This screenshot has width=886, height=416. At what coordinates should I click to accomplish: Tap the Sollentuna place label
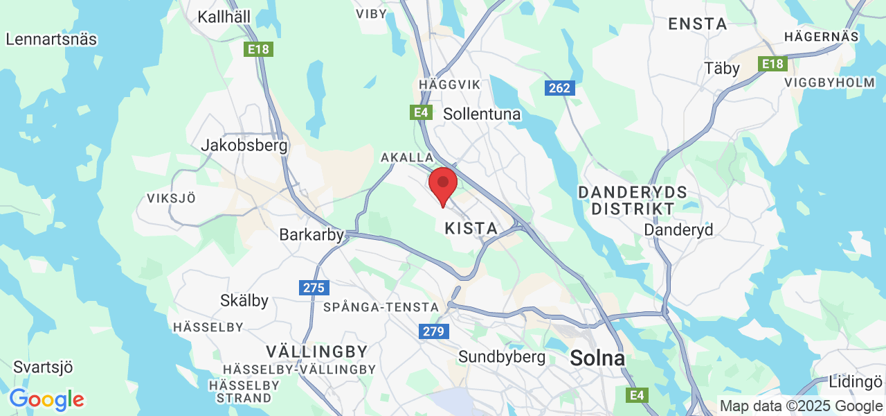point(482,114)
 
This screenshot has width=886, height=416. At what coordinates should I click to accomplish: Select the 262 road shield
point(559,88)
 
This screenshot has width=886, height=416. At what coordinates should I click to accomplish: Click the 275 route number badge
point(315,287)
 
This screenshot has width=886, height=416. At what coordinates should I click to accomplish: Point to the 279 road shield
point(434,331)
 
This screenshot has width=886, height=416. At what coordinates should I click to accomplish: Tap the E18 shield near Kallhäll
point(259,49)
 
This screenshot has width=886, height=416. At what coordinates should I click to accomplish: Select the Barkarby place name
point(311,235)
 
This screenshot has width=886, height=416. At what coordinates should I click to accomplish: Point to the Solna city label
point(597,358)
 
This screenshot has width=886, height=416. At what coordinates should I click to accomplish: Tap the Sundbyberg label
point(502,357)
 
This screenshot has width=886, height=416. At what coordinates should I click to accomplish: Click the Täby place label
point(722,68)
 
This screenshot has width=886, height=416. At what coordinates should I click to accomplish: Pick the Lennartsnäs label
point(51,39)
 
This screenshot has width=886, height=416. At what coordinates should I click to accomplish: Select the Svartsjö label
point(43,367)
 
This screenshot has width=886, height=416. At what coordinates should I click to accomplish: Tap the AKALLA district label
point(407,158)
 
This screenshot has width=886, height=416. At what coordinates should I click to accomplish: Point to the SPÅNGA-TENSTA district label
point(381,306)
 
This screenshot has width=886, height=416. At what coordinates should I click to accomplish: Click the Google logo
point(46,399)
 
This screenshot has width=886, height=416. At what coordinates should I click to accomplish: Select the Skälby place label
point(244,301)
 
